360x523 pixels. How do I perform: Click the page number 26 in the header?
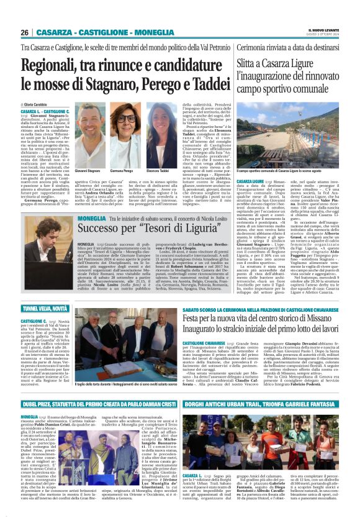24,32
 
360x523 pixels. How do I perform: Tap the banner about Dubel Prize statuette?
91,404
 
